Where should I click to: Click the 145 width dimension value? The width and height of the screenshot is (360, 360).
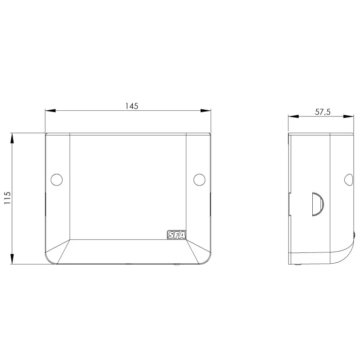(x=131, y=106)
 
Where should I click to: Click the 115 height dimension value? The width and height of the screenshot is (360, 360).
(x=7, y=198)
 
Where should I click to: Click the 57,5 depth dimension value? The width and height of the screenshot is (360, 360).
(x=323, y=112)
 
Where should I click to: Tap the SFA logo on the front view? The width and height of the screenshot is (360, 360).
(x=176, y=235)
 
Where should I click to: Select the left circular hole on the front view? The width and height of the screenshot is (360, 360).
(x=57, y=180)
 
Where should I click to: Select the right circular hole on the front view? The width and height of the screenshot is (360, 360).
(x=199, y=180)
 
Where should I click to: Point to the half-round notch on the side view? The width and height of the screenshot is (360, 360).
(x=318, y=204)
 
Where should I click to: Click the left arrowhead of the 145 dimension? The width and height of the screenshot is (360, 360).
(x=50, y=111)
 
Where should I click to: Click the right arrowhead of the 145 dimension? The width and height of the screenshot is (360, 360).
(x=206, y=111)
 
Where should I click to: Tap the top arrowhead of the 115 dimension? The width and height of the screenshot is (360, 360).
(x=12, y=138)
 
